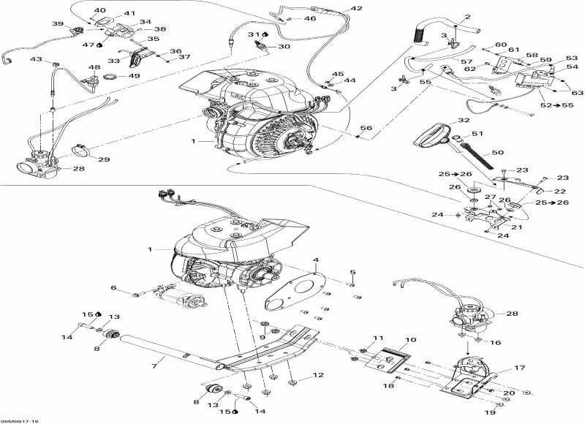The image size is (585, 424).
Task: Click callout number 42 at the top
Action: [x=356, y=8]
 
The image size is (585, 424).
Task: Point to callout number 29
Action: [x=104, y=159]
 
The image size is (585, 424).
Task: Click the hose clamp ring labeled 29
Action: [x=83, y=153]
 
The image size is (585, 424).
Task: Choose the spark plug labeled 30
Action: [x=258, y=47]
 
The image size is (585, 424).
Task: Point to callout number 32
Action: [x=463, y=121]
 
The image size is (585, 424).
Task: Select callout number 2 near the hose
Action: [x=467, y=17]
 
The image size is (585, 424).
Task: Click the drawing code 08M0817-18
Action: [x=20, y=420]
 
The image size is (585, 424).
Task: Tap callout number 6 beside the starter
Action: [x=113, y=288]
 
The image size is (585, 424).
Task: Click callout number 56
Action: [x=366, y=128]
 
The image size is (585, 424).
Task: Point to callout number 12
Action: [x=318, y=375]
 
